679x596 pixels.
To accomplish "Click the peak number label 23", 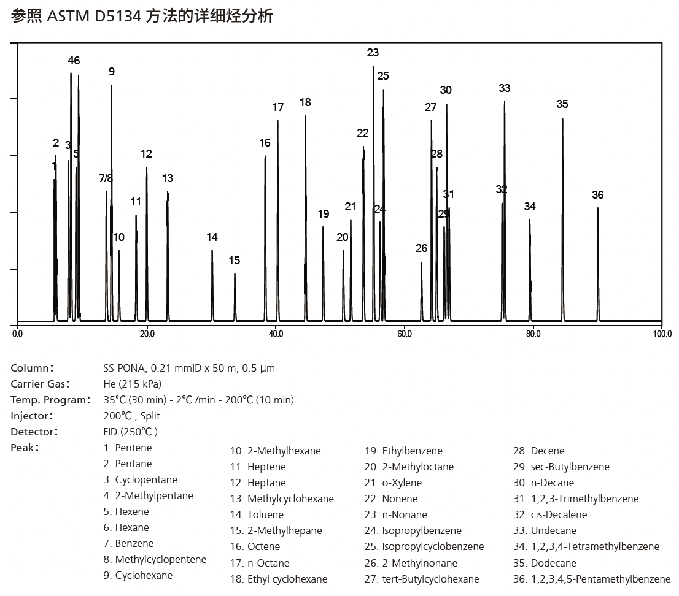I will (373, 53).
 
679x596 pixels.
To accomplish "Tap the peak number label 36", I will (597, 195).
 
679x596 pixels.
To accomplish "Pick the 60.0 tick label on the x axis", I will (404, 334).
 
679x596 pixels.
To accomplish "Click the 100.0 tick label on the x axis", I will (662, 334).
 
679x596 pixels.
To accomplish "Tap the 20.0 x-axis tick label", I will (147, 334).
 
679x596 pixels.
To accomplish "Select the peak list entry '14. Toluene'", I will (257, 514).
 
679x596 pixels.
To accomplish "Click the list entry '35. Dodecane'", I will (545, 563).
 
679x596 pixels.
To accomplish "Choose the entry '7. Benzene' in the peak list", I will (128, 543).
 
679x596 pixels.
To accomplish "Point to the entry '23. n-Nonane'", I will (396, 514).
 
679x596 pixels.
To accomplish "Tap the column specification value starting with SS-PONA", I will (189, 368).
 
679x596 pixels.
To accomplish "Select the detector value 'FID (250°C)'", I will (131, 432).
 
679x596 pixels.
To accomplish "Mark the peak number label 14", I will (212, 237).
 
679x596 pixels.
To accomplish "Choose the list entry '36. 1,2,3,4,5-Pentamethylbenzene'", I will (592, 579).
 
